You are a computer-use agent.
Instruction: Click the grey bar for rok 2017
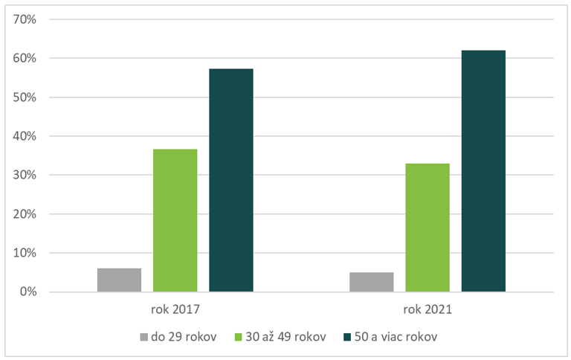119,280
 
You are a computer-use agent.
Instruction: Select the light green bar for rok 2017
175,220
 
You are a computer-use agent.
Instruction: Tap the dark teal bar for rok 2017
231,180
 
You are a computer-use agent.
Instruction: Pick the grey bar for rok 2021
371,282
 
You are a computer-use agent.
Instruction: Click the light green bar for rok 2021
428,228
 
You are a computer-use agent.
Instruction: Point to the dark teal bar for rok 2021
483,171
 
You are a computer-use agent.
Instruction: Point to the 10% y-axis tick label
26,253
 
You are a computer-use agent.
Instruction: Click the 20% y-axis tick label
26,214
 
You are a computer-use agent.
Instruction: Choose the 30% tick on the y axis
26,175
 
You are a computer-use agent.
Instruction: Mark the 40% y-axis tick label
26,136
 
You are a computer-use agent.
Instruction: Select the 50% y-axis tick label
26,97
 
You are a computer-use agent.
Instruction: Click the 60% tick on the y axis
26,58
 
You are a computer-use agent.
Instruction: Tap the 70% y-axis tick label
26,19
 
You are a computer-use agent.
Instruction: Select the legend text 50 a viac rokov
396,337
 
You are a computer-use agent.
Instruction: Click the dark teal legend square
347,337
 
